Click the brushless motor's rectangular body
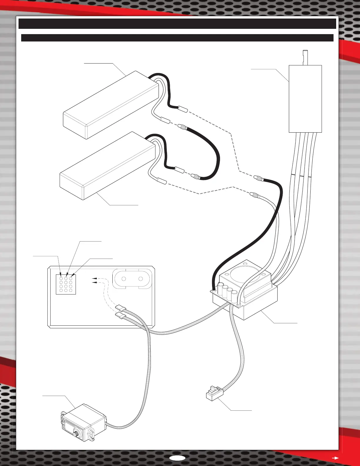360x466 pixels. [x=305, y=99]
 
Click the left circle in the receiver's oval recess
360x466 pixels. [x=124, y=279]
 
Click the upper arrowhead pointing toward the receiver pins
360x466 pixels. [x=94, y=278]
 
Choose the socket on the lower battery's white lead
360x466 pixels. [x=162, y=181]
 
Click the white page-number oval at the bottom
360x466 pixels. [x=177, y=458]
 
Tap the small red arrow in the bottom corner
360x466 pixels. [x=335, y=458]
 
